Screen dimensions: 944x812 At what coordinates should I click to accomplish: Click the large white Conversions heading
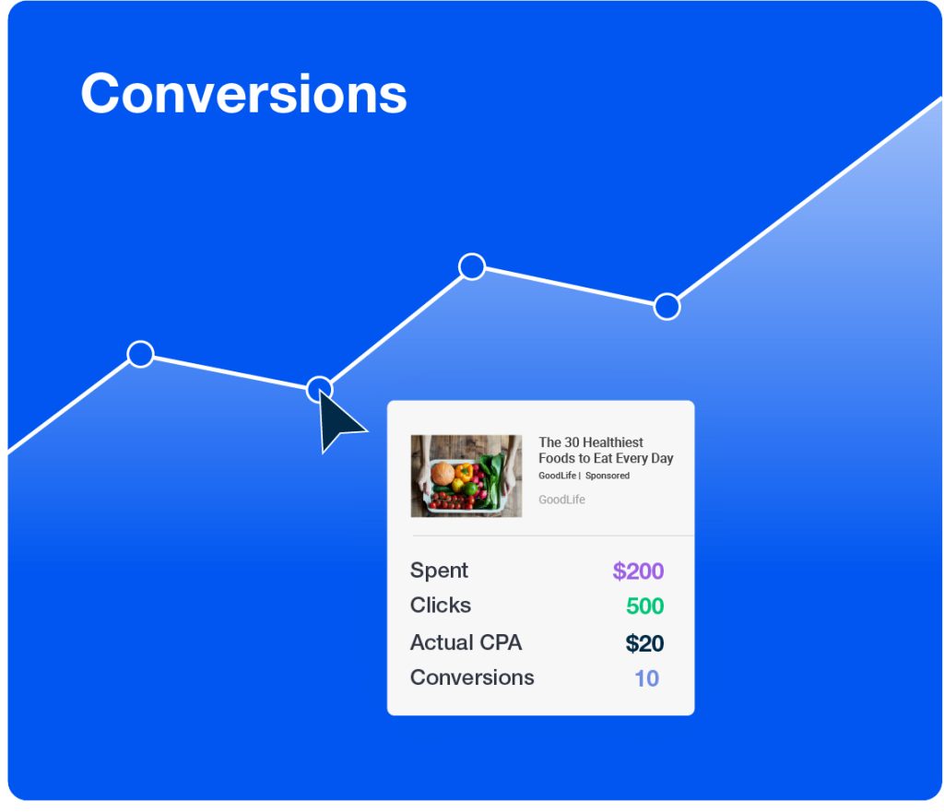pos(243,93)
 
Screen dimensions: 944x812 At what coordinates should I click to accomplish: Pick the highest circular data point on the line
pos(472,266)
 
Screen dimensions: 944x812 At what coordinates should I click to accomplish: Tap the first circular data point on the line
pos(141,354)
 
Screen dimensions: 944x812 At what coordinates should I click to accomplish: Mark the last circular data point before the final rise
pos(667,306)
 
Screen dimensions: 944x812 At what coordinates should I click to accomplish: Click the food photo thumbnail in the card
pos(466,476)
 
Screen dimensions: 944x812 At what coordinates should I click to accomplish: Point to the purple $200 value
pos(638,571)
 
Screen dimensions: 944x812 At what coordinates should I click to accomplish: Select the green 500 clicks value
pos(644,606)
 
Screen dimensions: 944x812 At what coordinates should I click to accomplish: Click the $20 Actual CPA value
pos(644,643)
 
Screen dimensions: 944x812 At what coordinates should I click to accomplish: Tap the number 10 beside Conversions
pos(646,678)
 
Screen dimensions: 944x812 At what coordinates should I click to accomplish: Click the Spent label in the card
pos(439,571)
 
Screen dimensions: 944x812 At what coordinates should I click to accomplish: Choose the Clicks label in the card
pos(441,605)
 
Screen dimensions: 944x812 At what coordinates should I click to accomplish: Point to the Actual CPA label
pos(466,642)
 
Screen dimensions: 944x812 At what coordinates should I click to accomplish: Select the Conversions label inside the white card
pos(472,677)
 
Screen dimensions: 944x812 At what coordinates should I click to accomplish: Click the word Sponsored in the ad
pos(608,476)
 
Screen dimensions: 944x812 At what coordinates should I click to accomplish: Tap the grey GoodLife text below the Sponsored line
pos(561,500)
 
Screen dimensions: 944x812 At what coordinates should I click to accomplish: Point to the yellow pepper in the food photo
pos(464,471)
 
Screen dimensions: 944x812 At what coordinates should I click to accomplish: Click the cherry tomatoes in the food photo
pos(450,500)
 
